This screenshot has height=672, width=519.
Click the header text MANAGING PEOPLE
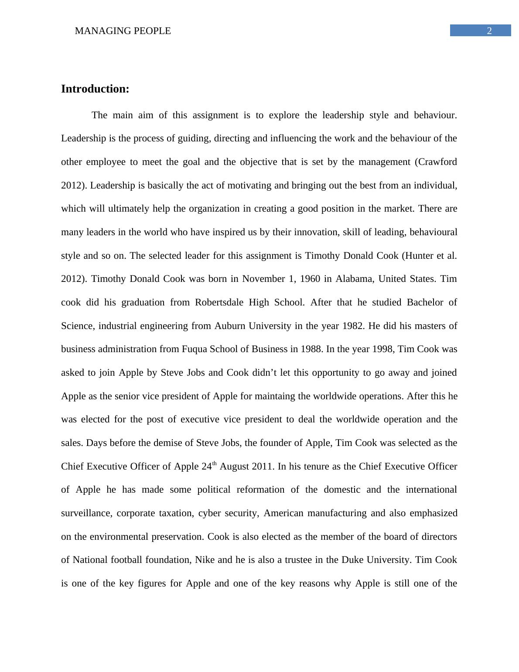tap(123, 31)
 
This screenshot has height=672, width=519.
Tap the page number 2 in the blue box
tap(489, 31)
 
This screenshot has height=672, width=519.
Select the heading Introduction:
tap(95, 89)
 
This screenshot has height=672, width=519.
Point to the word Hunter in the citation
tap(418, 256)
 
